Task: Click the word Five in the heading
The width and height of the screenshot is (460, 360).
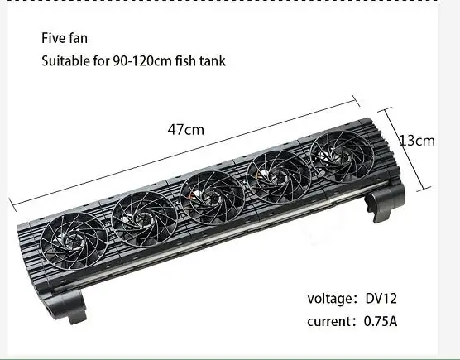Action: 54,38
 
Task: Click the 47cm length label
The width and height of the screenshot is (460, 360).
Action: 185,130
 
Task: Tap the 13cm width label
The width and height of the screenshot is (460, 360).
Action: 417,141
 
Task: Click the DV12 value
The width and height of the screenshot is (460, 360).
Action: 381,299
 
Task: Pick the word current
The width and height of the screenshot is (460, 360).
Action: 328,321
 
